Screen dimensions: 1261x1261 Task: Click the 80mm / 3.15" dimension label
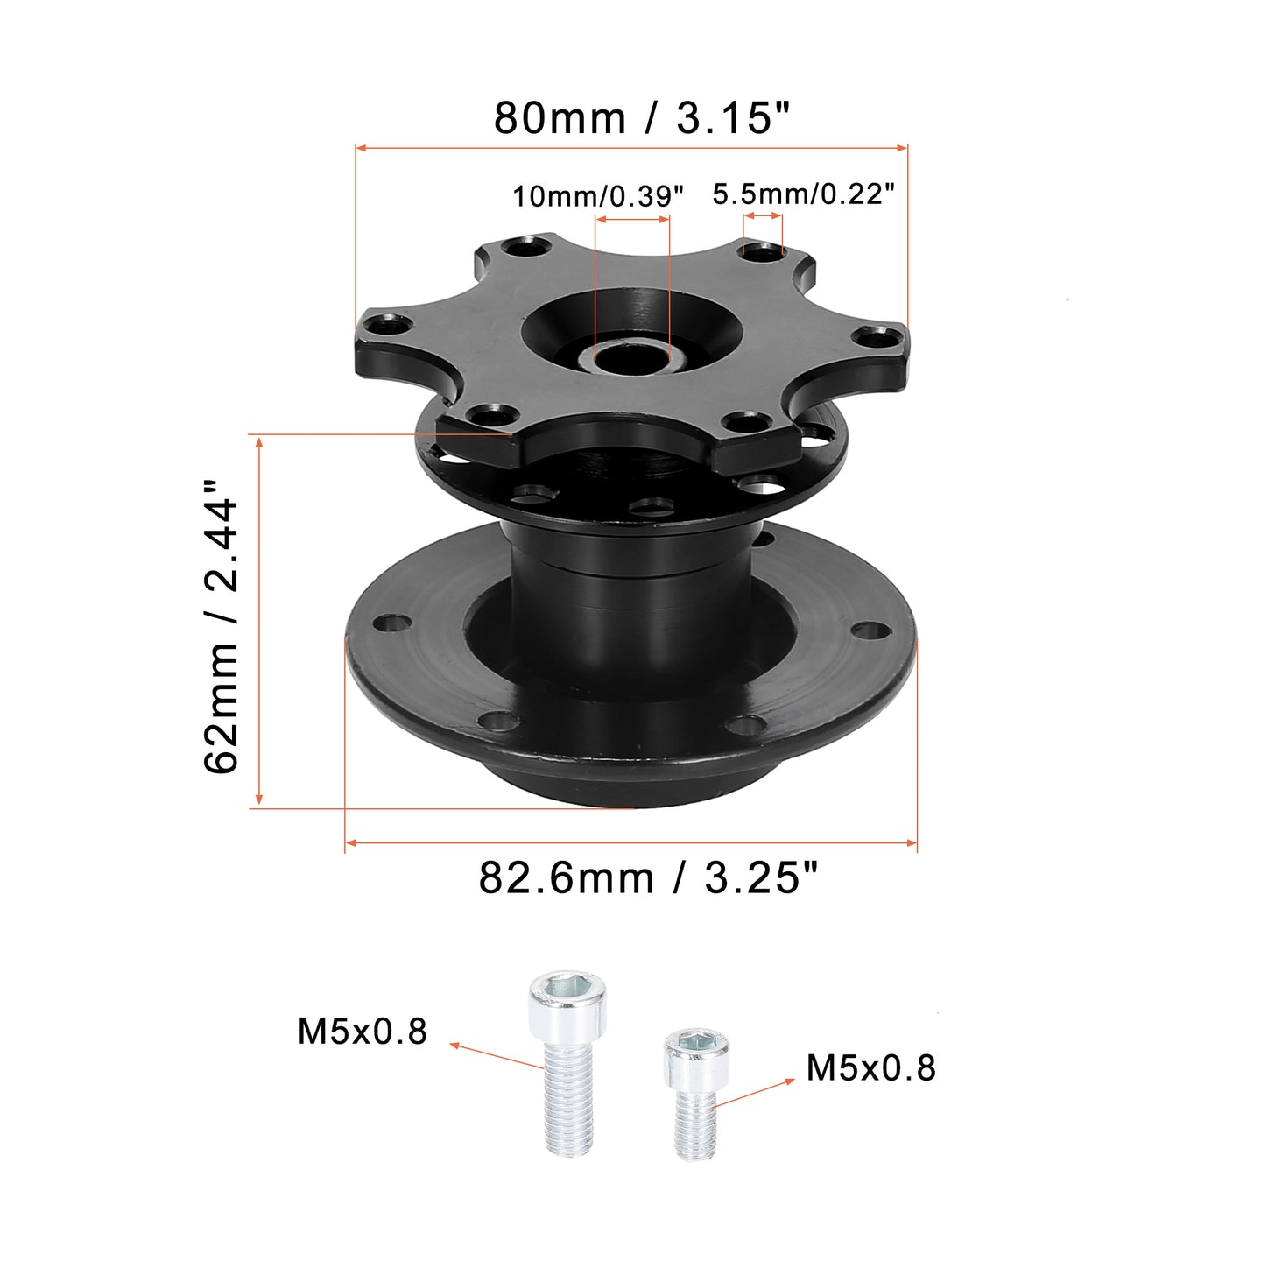click(x=642, y=118)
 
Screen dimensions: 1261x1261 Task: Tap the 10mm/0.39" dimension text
click(x=597, y=195)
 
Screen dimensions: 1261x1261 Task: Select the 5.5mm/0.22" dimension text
click(x=803, y=194)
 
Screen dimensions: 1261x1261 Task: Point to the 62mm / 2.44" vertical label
click(x=221, y=626)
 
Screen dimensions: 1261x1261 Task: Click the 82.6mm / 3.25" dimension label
click(x=649, y=878)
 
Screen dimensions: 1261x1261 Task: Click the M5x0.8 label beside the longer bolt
click(x=362, y=1032)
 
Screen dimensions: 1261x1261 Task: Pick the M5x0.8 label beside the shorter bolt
click(x=870, y=1068)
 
